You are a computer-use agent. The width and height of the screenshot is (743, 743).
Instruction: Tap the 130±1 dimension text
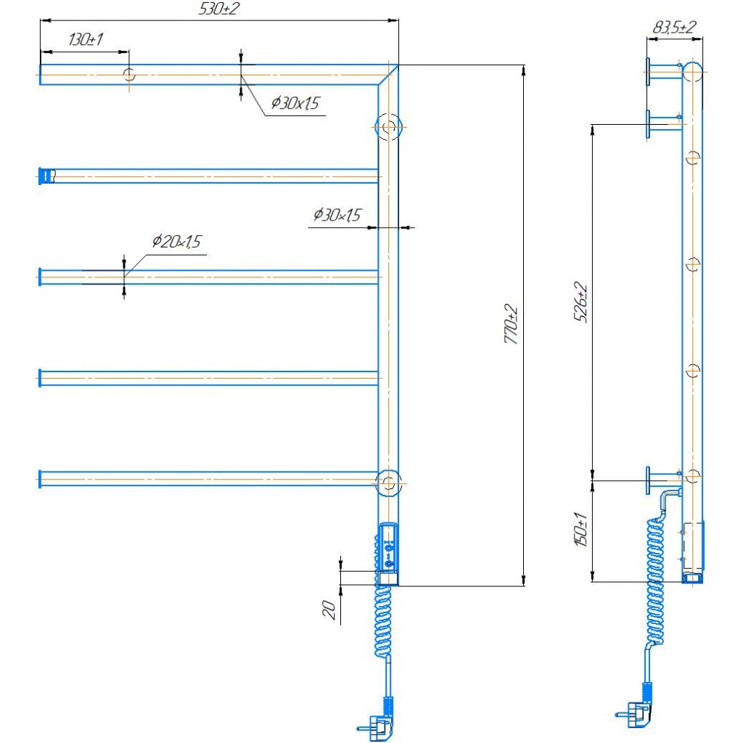click(86, 40)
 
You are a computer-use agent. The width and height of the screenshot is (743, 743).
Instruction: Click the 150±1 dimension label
click(580, 530)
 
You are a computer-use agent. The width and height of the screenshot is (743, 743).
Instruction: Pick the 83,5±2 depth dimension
click(674, 28)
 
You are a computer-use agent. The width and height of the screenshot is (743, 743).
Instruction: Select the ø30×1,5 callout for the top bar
click(295, 104)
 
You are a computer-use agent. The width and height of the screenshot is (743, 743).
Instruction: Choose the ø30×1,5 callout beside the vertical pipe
click(337, 215)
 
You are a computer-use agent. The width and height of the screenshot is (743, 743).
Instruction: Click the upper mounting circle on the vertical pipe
click(388, 127)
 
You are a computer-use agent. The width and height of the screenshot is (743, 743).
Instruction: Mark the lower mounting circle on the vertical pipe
click(388, 481)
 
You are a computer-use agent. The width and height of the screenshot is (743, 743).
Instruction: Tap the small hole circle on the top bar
click(129, 74)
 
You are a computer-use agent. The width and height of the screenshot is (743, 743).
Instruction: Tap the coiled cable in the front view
click(385, 620)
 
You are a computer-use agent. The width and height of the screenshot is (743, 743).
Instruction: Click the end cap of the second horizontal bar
click(46, 176)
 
